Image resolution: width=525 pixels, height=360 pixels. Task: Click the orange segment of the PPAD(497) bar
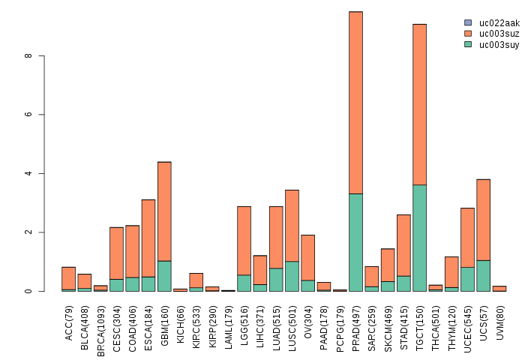click(x=355, y=103)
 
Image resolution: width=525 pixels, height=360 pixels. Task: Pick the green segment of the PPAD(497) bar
click(x=355, y=242)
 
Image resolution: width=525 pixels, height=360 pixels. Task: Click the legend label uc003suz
click(x=499, y=34)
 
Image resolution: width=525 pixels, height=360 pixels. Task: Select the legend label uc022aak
click(x=499, y=23)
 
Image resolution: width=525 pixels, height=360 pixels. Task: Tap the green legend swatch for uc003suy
click(x=468, y=44)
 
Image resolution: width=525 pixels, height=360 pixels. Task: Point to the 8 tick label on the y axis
click(x=28, y=56)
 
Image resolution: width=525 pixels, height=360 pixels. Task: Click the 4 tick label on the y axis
click(x=28, y=173)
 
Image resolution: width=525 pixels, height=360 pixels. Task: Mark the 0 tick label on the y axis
click(x=28, y=291)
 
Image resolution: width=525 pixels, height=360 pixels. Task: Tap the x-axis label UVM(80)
click(x=500, y=322)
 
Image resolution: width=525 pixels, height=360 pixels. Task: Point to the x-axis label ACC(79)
click(x=69, y=322)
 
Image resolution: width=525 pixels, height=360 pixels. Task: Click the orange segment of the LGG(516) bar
click(x=244, y=240)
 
